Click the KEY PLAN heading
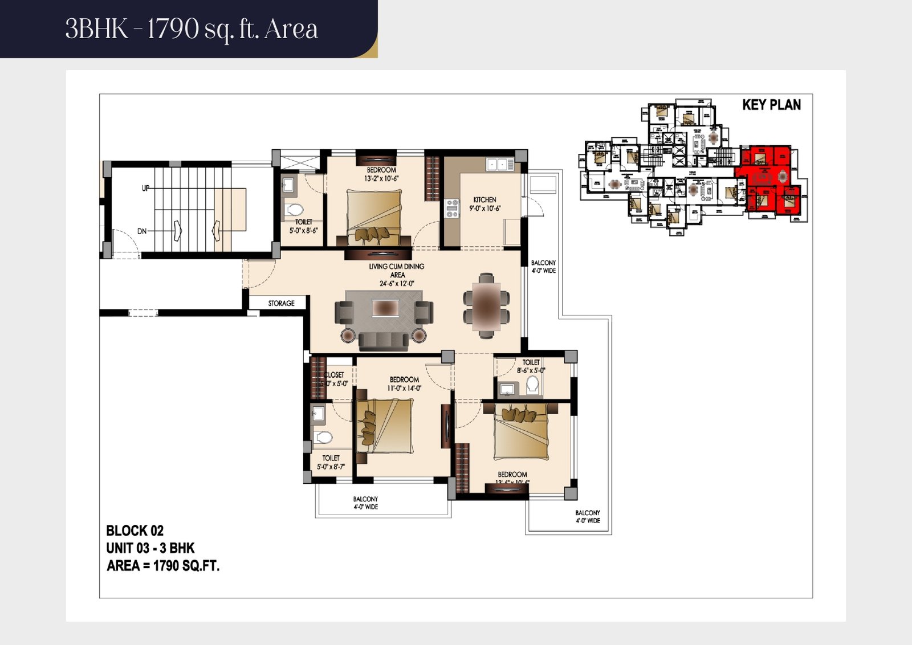771,105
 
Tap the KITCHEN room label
484,200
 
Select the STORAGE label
281,303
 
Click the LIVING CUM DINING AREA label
397,270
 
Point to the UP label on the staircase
146,188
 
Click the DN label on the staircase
142,231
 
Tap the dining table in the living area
486,306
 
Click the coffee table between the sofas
385,308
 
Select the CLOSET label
334,375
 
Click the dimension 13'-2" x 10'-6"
381,178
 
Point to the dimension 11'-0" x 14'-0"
404,388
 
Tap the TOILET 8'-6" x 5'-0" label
531,366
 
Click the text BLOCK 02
135,531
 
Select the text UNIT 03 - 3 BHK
150,548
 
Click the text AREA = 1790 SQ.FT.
163,566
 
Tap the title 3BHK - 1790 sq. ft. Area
192,28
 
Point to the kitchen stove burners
452,209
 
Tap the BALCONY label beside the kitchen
543,267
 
